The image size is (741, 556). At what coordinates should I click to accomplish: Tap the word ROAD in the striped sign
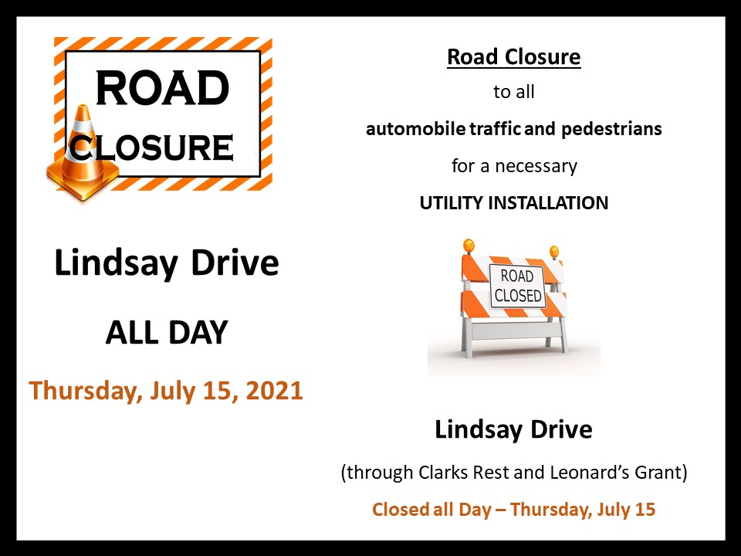point(162,90)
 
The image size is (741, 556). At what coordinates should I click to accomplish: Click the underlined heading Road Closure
point(513,57)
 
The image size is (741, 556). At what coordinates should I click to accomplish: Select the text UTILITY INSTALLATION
point(513,203)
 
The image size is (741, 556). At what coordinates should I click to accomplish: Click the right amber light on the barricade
point(553,252)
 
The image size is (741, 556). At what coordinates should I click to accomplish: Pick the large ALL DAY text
point(167,332)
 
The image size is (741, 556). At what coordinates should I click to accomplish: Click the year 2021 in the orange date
point(274,390)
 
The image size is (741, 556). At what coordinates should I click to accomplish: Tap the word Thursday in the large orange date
point(83,390)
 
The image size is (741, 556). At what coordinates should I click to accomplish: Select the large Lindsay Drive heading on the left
point(167,264)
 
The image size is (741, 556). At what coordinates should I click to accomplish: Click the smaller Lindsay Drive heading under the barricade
point(513,429)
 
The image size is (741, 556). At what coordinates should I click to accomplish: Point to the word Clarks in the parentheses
point(436,473)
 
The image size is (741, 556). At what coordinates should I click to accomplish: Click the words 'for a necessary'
point(513,166)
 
